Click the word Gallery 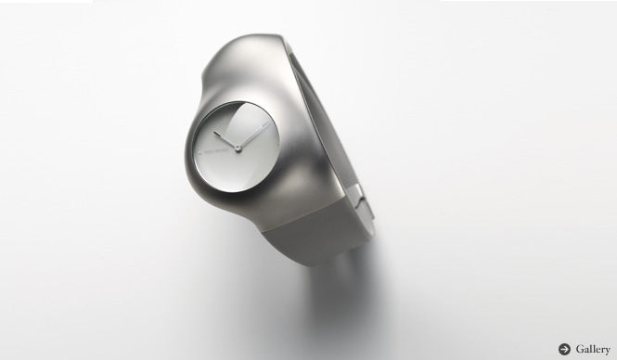pos(592,349)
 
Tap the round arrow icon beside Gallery pos(564,349)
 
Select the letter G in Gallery pos(579,349)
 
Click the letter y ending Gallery pos(607,351)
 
